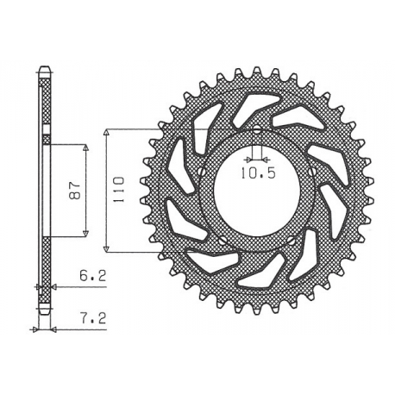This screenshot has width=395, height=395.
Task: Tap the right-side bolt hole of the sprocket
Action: pos(309,179)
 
